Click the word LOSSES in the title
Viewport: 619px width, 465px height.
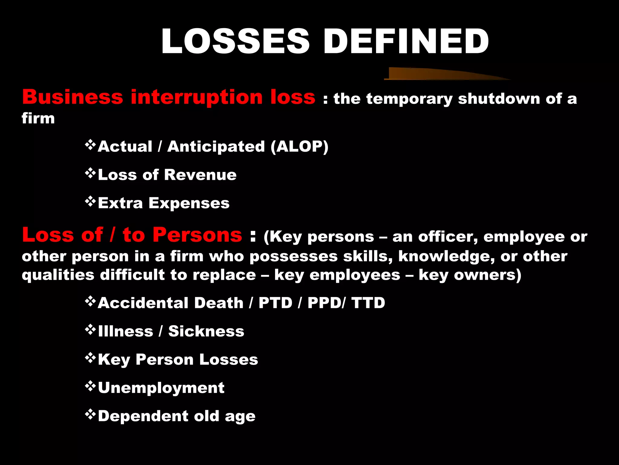pyautogui.click(x=235, y=41)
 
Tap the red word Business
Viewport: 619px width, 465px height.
pyautogui.click(x=73, y=97)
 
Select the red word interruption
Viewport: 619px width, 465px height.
pyautogui.click(x=196, y=98)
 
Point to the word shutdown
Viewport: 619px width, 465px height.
pyautogui.click(x=499, y=99)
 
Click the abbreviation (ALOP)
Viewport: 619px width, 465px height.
pyautogui.click(x=299, y=147)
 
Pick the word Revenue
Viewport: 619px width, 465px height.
pyautogui.click(x=200, y=175)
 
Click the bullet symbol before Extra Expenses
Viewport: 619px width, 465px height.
pyautogui.click(x=90, y=201)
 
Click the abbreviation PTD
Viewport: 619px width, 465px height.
pyautogui.click(x=275, y=303)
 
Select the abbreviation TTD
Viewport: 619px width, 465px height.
pyautogui.click(x=368, y=303)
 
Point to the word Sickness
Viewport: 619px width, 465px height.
pyautogui.click(x=206, y=331)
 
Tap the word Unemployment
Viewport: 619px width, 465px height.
pyautogui.click(x=161, y=388)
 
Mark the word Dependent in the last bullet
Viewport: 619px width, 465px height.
pyautogui.click(x=143, y=416)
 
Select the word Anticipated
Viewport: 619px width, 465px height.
pyautogui.click(x=216, y=147)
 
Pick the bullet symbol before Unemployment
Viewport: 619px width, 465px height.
pyautogui.click(x=90, y=386)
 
